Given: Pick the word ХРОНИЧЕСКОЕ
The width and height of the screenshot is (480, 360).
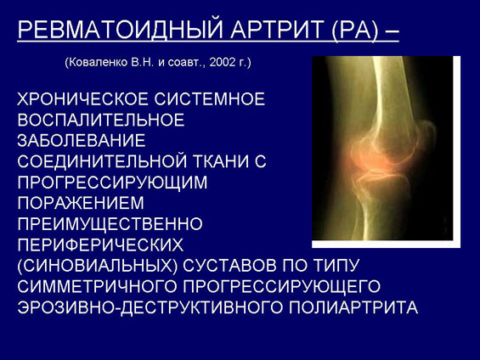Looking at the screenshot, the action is (x=82, y=99).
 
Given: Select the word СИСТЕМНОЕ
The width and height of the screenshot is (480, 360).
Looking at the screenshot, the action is (x=209, y=99).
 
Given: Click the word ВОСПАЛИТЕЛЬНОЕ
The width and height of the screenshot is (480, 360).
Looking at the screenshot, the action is (x=101, y=120).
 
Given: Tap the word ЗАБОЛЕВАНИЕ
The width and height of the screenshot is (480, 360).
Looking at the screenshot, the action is (x=82, y=141).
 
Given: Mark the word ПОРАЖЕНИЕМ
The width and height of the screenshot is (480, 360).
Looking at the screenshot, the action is (x=81, y=203).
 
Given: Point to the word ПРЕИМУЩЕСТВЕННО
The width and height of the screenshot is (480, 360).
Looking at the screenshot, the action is (x=110, y=224).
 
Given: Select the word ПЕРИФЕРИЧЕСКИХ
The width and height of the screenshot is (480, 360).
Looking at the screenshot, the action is (x=100, y=245).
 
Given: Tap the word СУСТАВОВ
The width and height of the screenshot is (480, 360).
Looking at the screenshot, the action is (x=230, y=266).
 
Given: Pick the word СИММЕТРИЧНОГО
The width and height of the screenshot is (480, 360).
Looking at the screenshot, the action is (x=98, y=286).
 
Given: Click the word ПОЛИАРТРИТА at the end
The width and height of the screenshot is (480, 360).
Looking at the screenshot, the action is (x=353, y=307).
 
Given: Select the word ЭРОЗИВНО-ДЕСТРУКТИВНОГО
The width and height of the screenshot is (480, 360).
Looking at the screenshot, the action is (x=150, y=307).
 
